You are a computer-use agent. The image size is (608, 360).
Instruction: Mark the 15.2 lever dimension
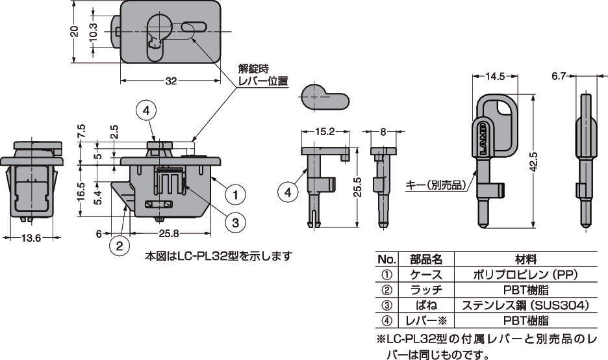click(325, 131)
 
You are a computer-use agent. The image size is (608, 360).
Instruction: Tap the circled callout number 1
click(236, 194)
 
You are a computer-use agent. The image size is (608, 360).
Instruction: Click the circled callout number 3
click(236, 222)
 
